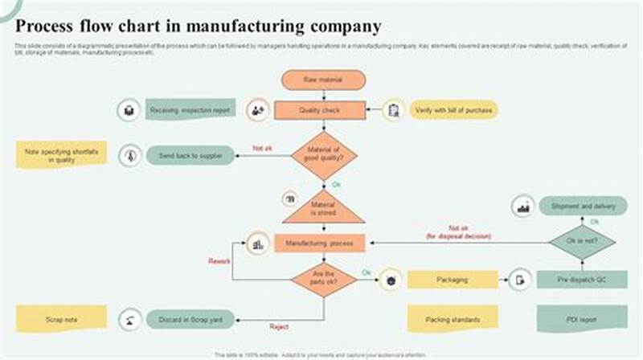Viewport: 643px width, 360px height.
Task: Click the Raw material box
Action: point(322,80)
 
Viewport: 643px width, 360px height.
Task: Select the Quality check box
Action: point(320,110)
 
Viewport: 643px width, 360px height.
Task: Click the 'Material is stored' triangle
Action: point(322,211)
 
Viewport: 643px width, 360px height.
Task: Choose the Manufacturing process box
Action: point(319,243)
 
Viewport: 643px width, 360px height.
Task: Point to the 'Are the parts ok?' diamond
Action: point(323,279)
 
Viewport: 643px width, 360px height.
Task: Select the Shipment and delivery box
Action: point(583,207)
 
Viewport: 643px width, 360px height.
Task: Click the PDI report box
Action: point(583,319)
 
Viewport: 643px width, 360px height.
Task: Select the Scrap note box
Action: point(61,319)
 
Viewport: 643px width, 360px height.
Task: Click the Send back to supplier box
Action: point(190,155)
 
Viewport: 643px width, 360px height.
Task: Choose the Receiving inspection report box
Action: point(191,110)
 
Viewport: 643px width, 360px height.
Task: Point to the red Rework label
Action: point(220,261)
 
